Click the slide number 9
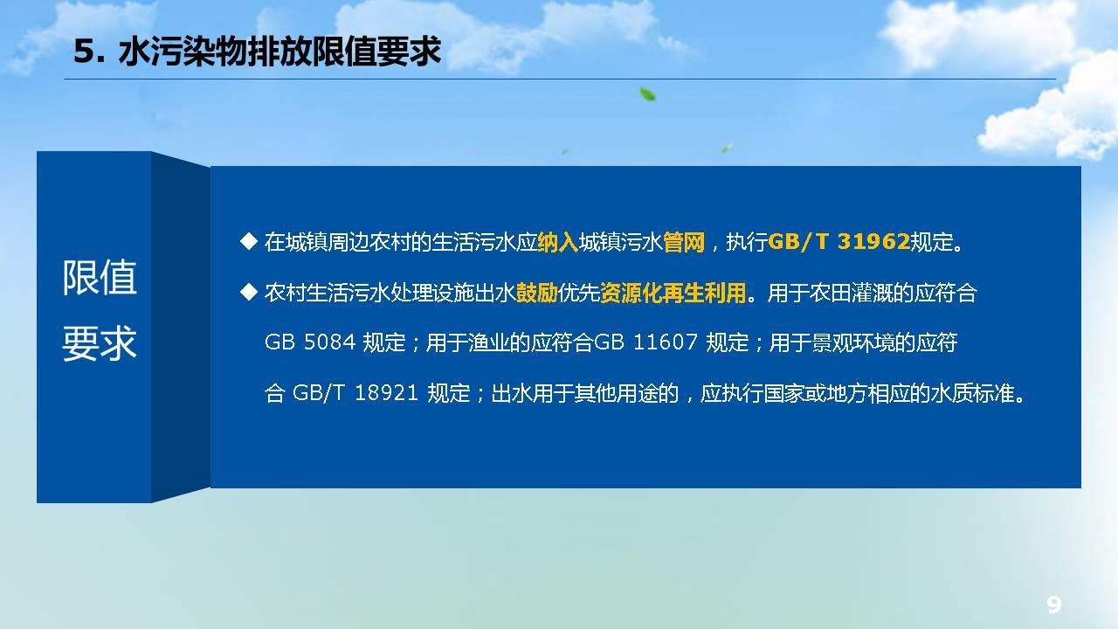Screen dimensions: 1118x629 click(x=1053, y=605)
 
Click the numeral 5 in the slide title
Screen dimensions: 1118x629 click(x=84, y=52)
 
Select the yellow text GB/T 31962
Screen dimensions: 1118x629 click(x=839, y=242)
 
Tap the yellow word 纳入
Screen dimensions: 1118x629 click(x=558, y=242)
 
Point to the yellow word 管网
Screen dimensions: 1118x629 click(x=684, y=242)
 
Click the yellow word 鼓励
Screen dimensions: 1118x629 click(x=537, y=293)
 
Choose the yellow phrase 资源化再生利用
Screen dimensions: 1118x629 click(x=673, y=293)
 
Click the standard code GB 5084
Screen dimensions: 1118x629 click(x=310, y=342)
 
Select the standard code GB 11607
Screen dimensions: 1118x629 click(x=645, y=342)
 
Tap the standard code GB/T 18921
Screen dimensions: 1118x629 click(x=355, y=393)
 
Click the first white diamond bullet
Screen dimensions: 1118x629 click(x=249, y=242)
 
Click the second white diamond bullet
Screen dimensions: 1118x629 click(x=249, y=292)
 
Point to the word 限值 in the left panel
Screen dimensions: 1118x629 click(x=100, y=278)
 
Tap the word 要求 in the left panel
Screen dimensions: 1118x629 click(x=100, y=343)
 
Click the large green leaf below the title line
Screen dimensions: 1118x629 click(x=647, y=93)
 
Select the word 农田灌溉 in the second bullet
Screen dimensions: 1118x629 click(x=851, y=293)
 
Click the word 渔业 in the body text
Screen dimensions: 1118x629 click(x=489, y=343)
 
